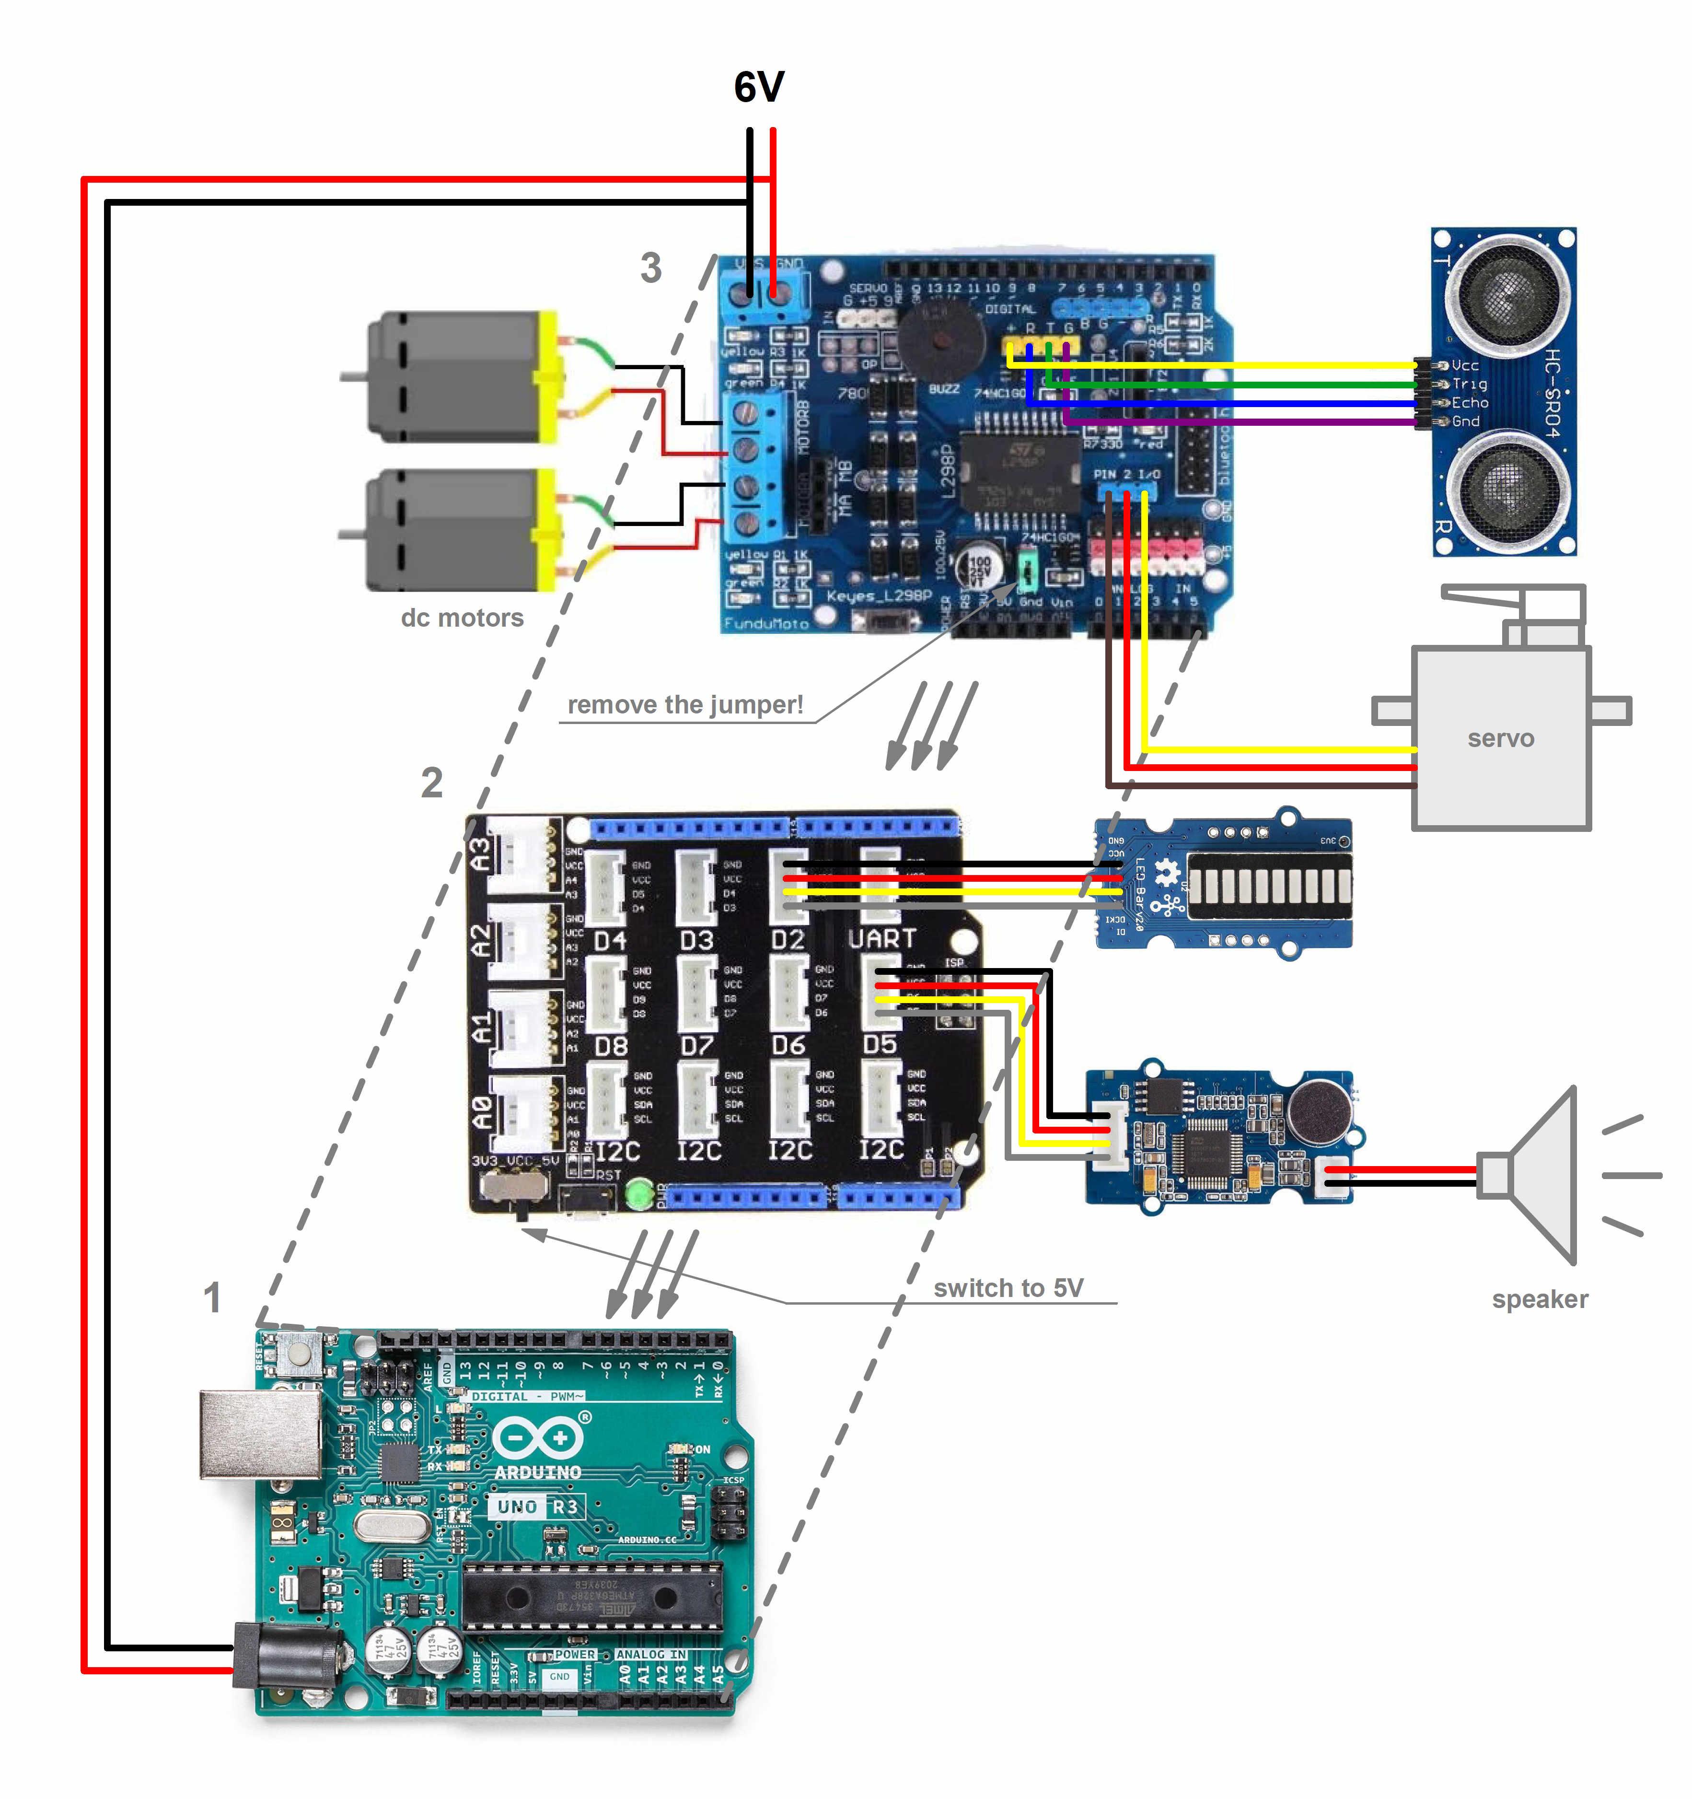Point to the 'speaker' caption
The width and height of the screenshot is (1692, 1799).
(x=1539, y=1298)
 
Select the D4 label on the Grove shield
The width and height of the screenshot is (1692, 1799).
(x=610, y=941)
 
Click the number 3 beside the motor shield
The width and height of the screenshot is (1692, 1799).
(x=650, y=268)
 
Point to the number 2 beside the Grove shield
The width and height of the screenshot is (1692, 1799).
(x=431, y=783)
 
